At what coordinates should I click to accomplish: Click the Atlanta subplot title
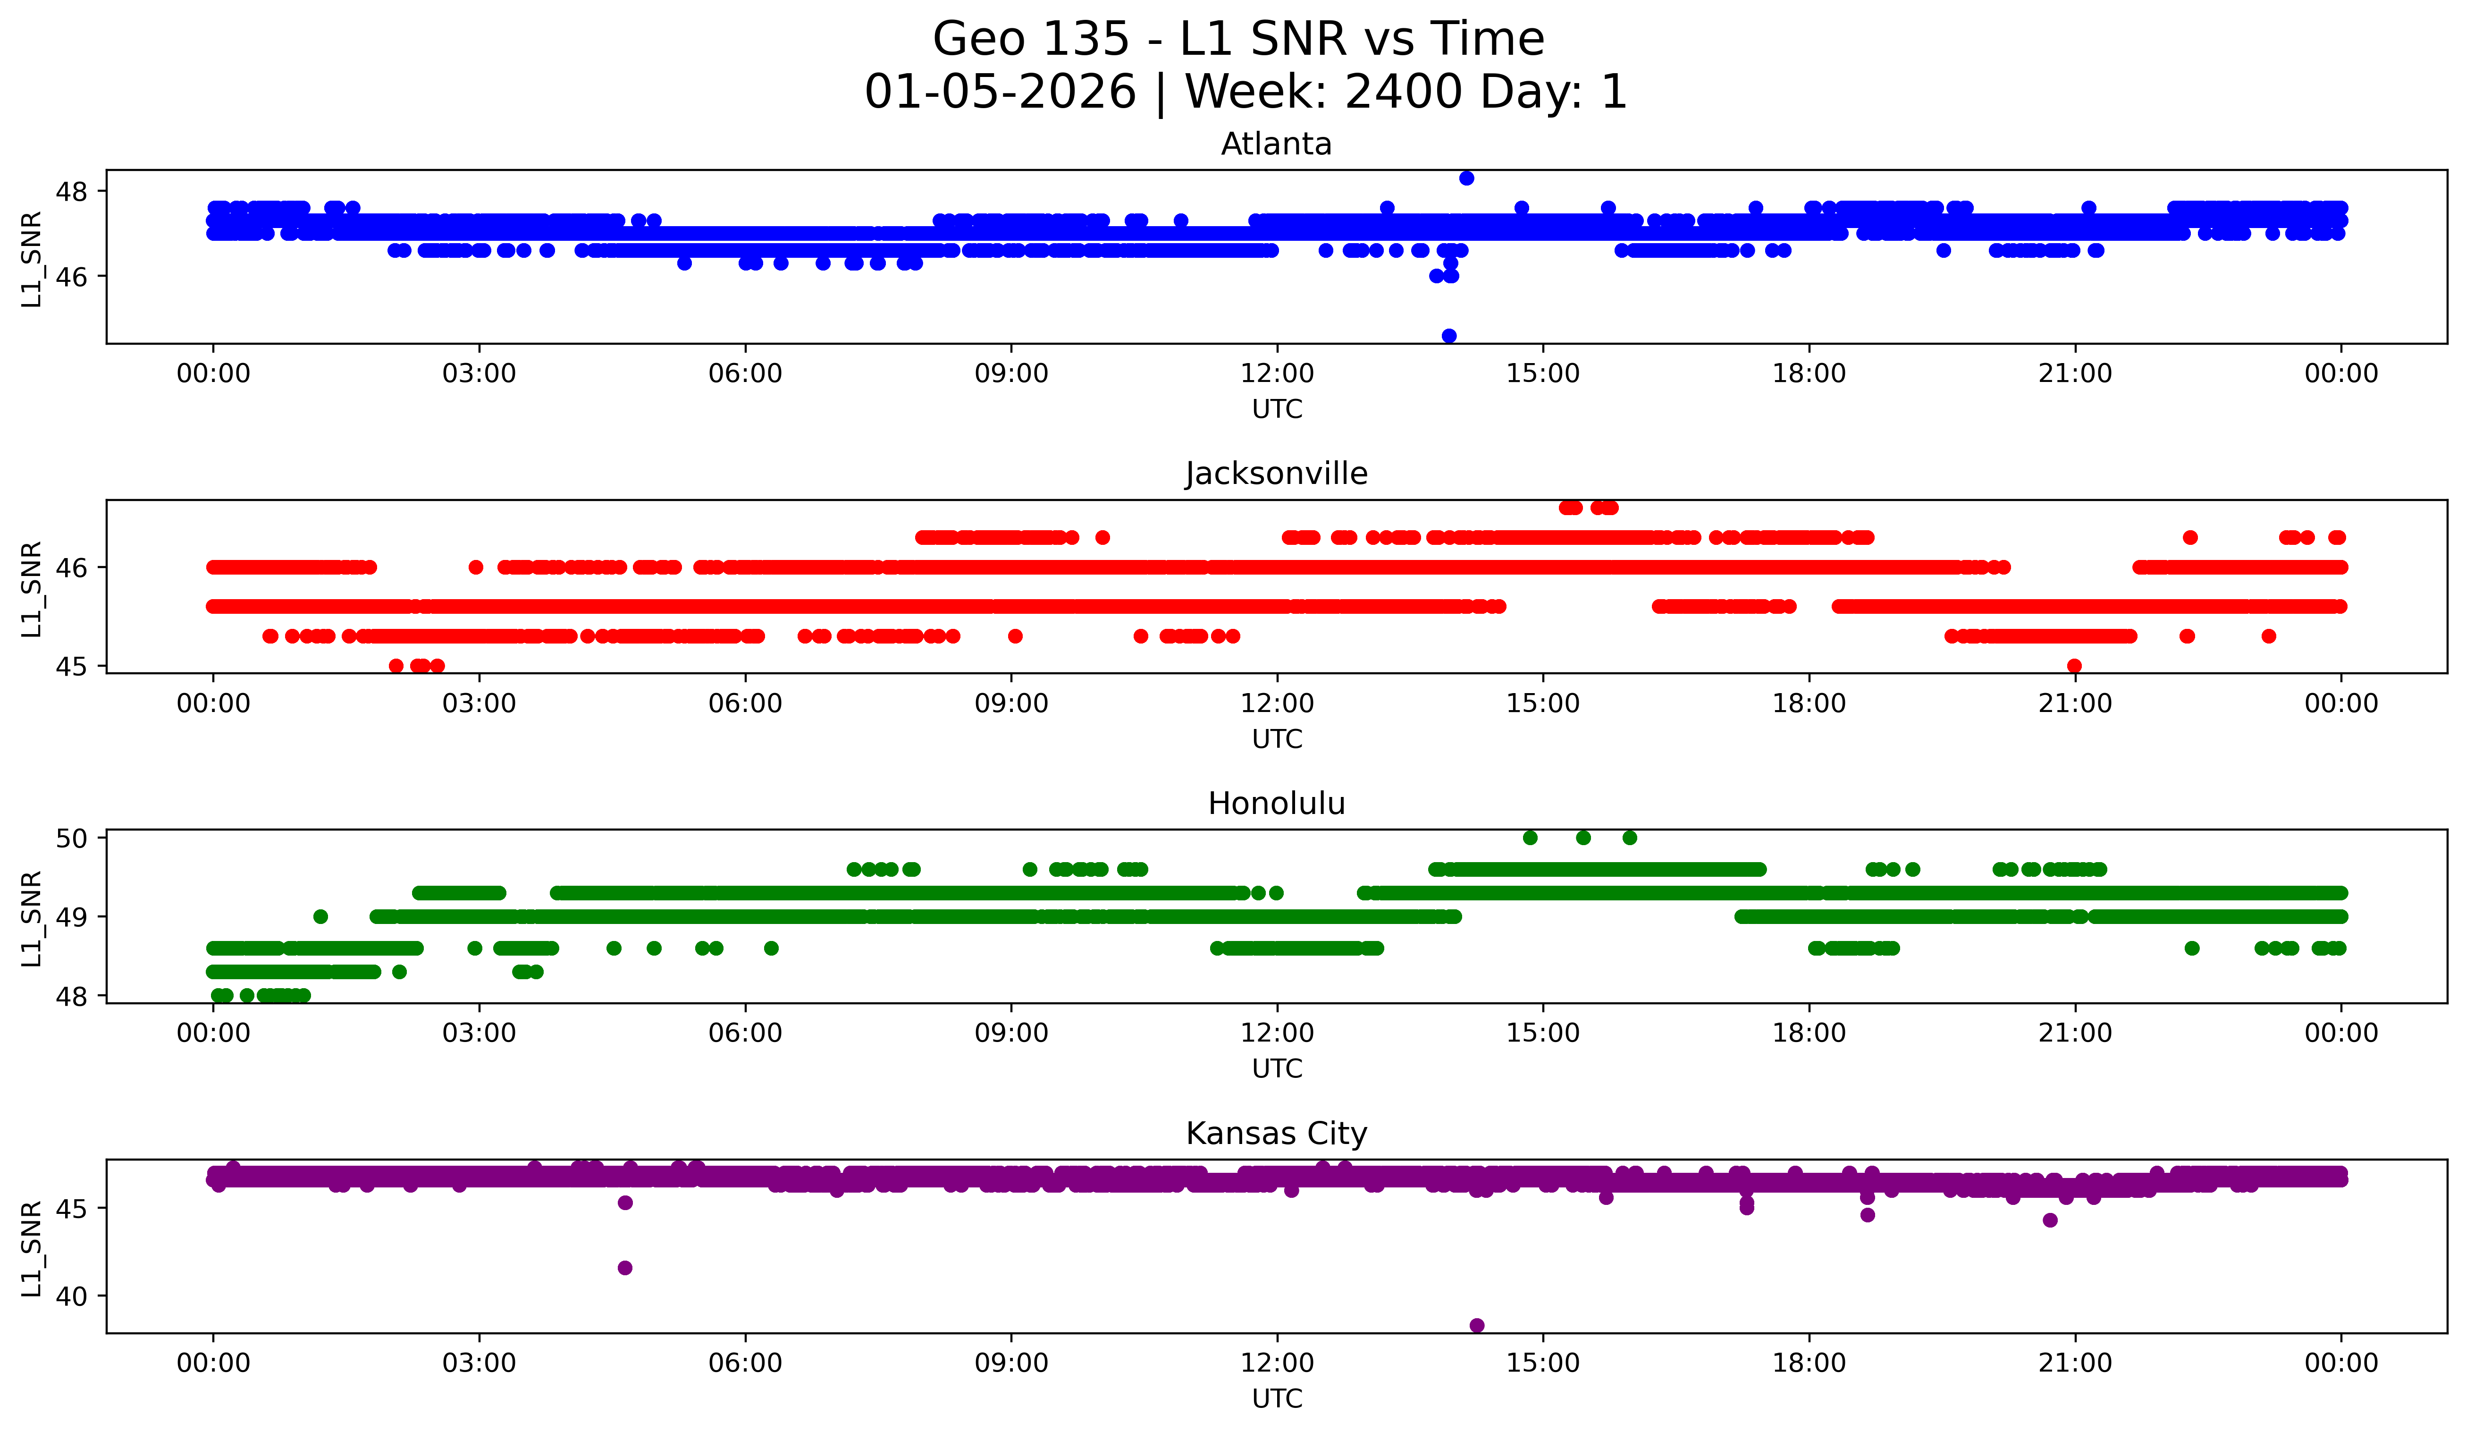tap(1276, 144)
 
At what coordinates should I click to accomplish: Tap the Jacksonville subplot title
tap(1276, 474)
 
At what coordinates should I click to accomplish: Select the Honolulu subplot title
tap(1276, 804)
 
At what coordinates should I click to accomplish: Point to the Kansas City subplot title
tap(1276, 1134)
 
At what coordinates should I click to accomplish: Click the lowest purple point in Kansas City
tap(1477, 1325)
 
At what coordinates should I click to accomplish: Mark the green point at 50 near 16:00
tap(1629, 838)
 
